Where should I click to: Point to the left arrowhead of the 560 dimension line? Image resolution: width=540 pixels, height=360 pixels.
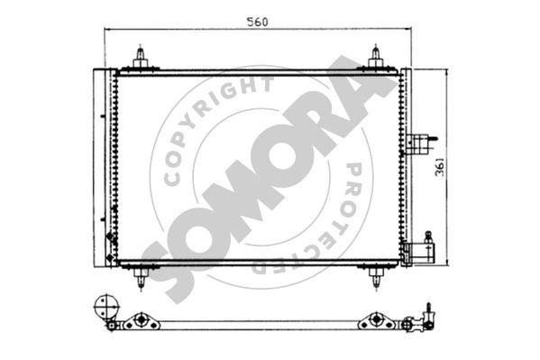coord(108,30)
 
